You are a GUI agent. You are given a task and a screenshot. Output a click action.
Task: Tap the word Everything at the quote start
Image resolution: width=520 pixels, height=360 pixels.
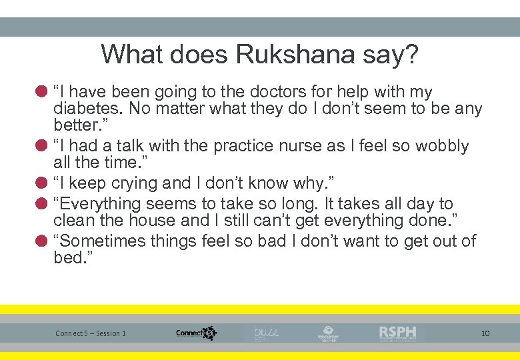(100, 204)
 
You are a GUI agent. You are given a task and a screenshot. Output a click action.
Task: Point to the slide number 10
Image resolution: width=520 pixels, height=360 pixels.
(485, 333)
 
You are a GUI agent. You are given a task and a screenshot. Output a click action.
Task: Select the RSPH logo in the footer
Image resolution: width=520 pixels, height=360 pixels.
(397, 333)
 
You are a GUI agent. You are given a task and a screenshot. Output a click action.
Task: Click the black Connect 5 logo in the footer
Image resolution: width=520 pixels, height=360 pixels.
(197, 333)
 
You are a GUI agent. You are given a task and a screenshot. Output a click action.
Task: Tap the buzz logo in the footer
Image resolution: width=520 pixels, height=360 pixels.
(266, 332)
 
